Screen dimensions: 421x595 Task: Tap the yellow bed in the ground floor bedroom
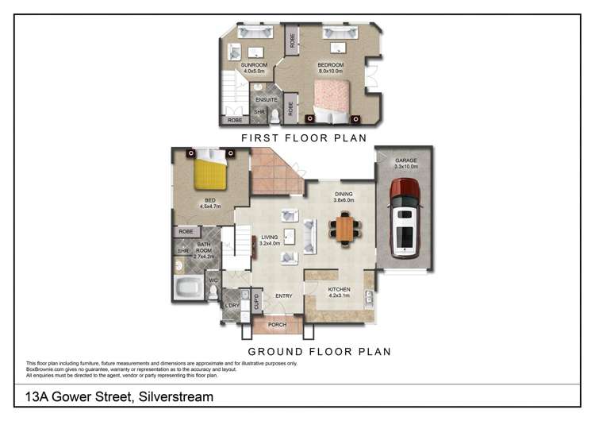coord(211,170)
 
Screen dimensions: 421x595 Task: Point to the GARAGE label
coord(405,160)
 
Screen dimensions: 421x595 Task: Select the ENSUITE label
coord(267,99)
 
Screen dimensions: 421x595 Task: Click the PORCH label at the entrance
coord(278,324)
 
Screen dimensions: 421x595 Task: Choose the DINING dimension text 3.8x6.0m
coord(344,200)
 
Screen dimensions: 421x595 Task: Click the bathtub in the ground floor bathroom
coord(190,288)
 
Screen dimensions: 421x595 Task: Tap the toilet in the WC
coord(213,292)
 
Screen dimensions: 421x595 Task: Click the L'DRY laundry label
coord(232,306)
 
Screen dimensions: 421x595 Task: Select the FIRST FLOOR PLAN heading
coord(304,137)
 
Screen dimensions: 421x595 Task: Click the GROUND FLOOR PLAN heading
coord(320,350)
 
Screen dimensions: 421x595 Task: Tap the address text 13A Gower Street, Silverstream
coord(119,396)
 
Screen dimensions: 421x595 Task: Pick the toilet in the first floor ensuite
coord(274,117)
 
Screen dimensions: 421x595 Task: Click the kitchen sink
coord(370,297)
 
